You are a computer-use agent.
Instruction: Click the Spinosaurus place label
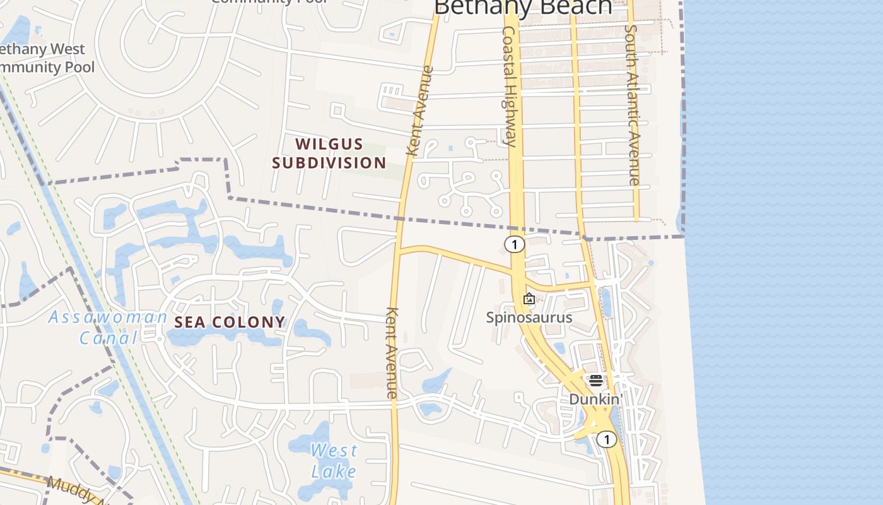529,317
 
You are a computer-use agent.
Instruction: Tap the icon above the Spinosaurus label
529,299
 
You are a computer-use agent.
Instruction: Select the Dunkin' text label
595,399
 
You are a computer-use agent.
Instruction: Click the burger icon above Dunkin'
595,381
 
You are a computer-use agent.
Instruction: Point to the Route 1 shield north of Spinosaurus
515,244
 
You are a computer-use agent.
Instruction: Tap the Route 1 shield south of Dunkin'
606,439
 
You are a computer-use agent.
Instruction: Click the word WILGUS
329,145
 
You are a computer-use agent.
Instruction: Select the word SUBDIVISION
329,163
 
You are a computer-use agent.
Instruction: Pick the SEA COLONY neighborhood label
230,323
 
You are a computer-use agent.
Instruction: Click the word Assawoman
108,317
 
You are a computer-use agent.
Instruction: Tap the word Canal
108,338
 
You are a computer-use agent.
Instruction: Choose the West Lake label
334,460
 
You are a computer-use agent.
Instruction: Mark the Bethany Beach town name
523,8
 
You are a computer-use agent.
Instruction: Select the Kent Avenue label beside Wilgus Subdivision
420,111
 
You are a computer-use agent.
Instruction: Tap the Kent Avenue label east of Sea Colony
392,352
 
